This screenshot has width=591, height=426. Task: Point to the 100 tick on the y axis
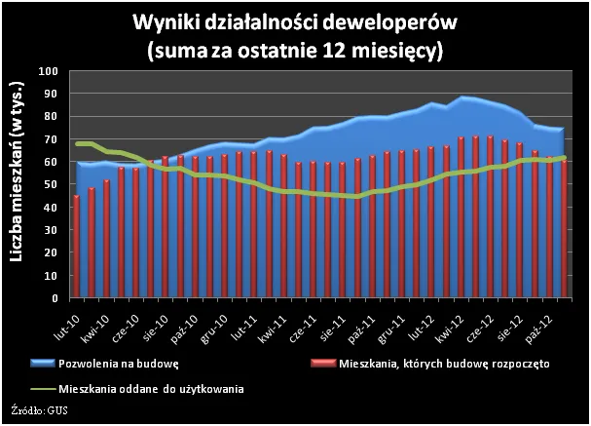coord(49,71)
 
